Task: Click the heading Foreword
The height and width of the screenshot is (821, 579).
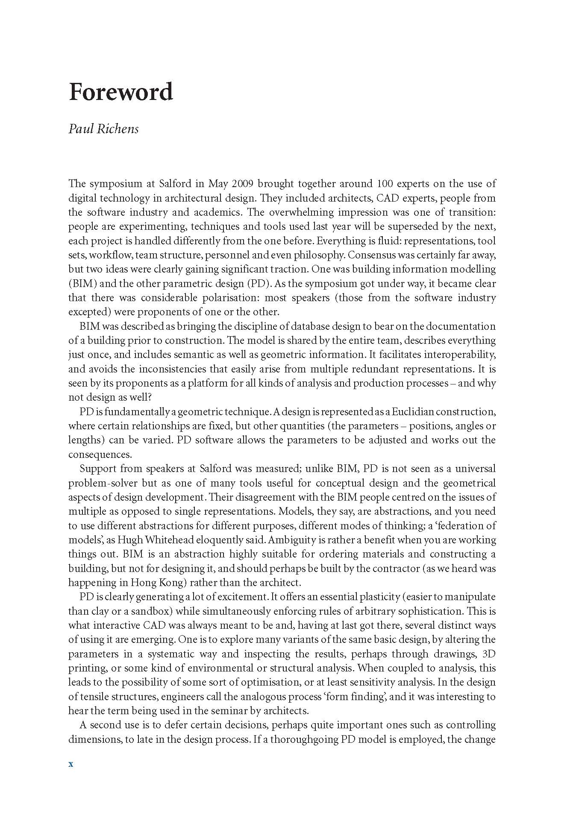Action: pos(121,91)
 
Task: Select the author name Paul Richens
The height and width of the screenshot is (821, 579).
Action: pos(103,129)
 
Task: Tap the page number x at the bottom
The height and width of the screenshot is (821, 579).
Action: pos(71,764)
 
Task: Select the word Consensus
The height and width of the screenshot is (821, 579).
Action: pos(372,255)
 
